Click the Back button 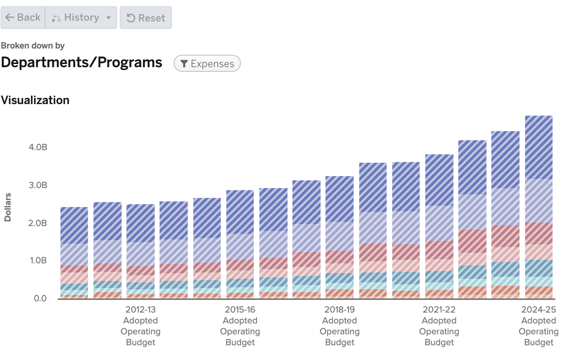[x=23, y=18]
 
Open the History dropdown [x=81, y=18]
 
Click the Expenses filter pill [x=207, y=63]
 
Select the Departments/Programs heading [x=81, y=63]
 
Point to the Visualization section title [x=35, y=100]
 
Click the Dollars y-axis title [x=8, y=207]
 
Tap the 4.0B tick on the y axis [x=38, y=147]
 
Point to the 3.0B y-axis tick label [x=38, y=185]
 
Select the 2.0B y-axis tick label [x=38, y=223]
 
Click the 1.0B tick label [x=38, y=261]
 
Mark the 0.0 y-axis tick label [x=40, y=298]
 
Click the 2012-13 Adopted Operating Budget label [x=141, y=326]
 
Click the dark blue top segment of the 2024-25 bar [x=539, y=147]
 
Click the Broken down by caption [x=33, y=45]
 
